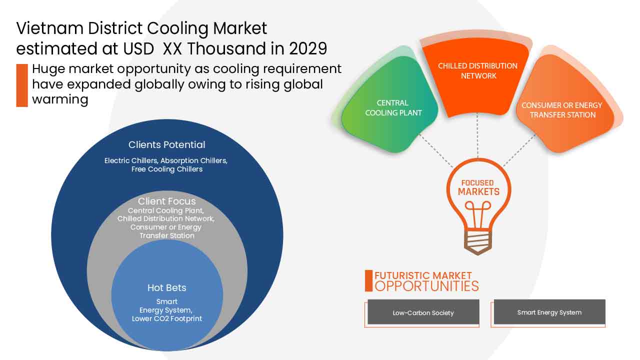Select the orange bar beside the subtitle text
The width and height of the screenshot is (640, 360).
tap(21, 85)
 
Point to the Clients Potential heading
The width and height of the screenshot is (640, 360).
tap(166, 145)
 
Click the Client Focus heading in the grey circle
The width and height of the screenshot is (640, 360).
tap(167, 201)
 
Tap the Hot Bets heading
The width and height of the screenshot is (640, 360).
tap(166, 288)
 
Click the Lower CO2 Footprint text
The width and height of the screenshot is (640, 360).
tap(167, 318)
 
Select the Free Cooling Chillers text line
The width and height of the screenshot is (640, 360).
tap(167, 169)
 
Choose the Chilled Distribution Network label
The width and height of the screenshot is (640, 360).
tap(477, 71)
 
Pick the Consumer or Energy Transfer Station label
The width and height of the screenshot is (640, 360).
tap(562, 110)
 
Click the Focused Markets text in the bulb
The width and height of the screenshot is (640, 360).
tap(478, 187)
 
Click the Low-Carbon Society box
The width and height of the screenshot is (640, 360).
tap(423, 312)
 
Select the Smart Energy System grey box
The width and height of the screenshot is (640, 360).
tap(549, 312)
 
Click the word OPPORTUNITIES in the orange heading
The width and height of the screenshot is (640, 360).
tap(426, 286)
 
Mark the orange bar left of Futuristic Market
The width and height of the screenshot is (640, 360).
tap(368, 281)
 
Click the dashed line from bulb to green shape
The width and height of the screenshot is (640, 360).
tap(435, 150)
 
